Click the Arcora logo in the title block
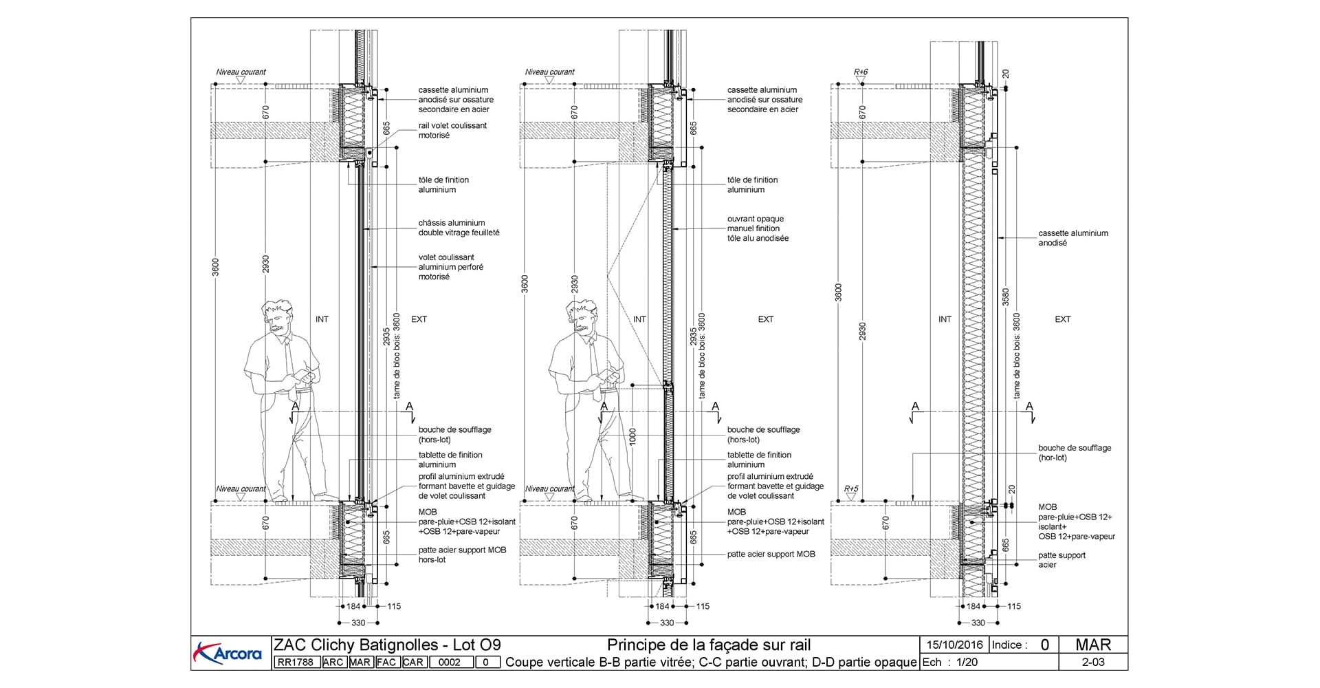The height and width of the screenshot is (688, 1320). click(x=229, y=652)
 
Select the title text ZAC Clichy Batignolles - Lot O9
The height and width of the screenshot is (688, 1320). click(x=387, y=645)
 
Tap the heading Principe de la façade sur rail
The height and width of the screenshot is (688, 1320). click(x=709, y=645)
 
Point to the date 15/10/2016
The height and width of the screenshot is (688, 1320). click(x=954, y=645)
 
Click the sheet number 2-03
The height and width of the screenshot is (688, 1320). click(x=1092, y=662)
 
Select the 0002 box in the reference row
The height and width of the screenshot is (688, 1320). click(x=450, y=663)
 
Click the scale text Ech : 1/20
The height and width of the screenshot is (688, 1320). click(x=949, y=662)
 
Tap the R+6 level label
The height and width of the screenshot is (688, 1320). click(x=861, y=72)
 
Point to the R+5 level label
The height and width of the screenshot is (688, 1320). click(x=851, y=489)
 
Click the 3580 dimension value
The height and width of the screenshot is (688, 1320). click(x=1006, y=297)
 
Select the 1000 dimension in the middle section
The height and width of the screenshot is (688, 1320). click(x=632, y=436)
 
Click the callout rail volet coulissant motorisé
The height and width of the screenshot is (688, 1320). click(x=452, y=131)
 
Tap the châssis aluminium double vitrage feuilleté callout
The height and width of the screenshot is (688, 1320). click(x=459, y=228)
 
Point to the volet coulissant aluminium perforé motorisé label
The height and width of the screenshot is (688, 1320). click(x=450, y=267)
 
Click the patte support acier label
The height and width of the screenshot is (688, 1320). click(x=1061, y=560)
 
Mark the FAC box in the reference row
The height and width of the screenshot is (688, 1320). click(x=386, y=663)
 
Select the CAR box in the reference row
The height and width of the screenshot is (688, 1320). click(x=413, y=663)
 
